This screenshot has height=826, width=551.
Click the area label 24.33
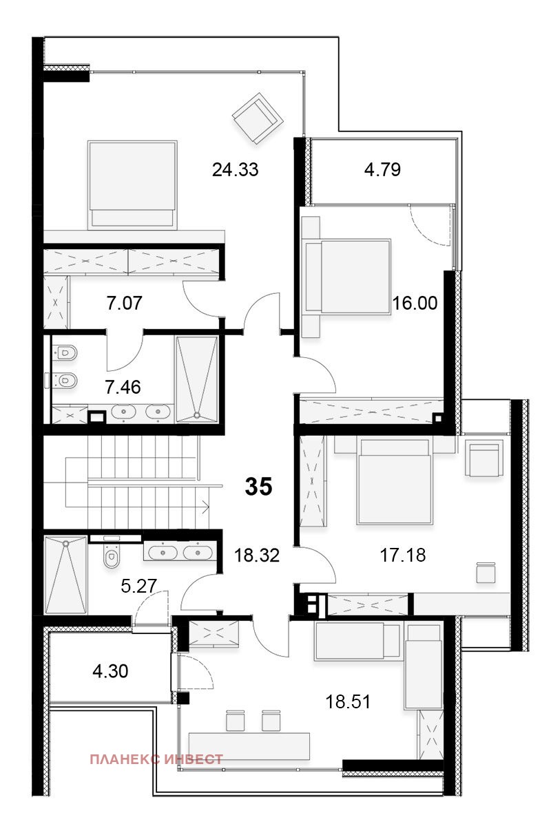(x=235, y=170)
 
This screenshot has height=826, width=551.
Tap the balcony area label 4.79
(x=382, y=169)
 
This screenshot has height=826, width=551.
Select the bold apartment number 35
(x=259, y=486)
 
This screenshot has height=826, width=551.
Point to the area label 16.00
(x=415, y=303)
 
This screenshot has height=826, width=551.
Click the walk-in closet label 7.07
(x=125, y=303)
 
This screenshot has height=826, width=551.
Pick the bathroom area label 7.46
(x=123, y=387)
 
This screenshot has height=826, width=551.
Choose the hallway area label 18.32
(x=257, y=555)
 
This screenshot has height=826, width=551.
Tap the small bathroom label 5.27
(x=138, y=586)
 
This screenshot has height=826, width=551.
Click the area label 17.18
(x=403, y=555)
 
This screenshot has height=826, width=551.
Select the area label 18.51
(x=348, y=701)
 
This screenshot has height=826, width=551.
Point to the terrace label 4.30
(x=110, y=671)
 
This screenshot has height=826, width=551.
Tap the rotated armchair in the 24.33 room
(x=258, y=118)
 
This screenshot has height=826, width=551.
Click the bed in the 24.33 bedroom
(x=133, y=184)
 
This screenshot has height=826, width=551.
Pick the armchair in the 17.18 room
(x=484, y=458)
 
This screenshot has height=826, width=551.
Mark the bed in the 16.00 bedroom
(x=347, y=277)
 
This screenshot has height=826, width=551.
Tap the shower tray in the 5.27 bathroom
(x=66, y=575)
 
